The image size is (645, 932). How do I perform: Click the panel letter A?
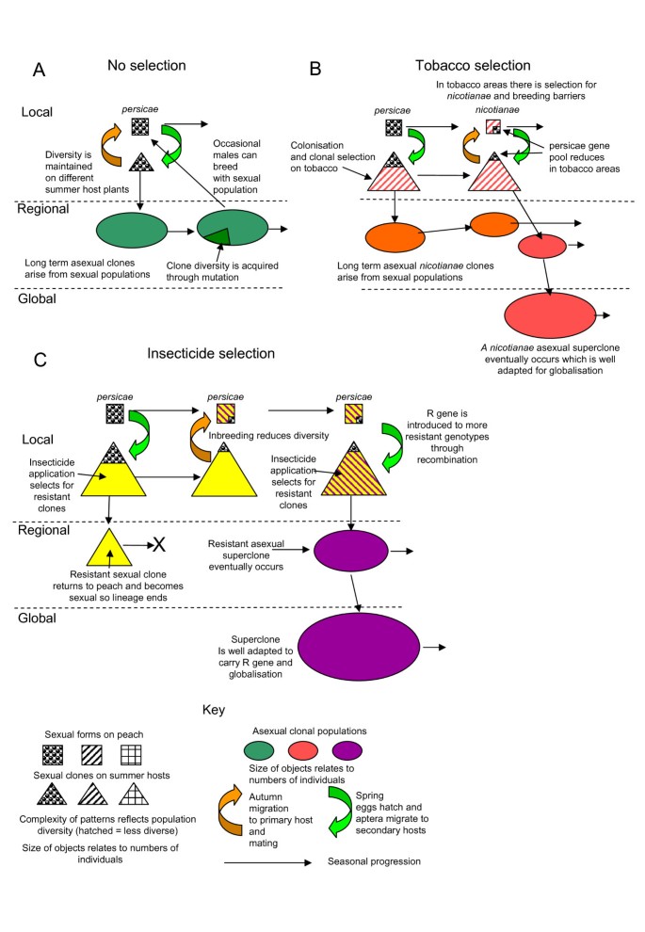click(x=40, y=70)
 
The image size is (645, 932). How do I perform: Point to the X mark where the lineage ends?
click(x=159, y=545)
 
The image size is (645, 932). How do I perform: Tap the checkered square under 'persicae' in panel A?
click(x=138, y=125)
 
